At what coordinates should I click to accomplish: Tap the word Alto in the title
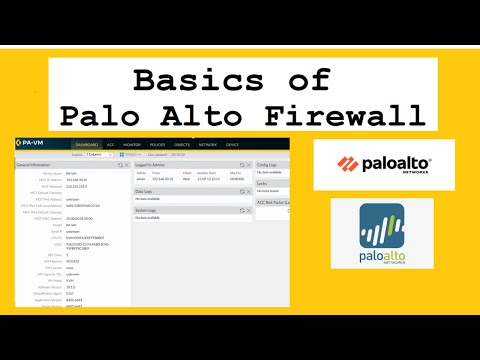pos(211,116)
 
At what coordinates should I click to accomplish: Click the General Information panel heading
pos(36,164)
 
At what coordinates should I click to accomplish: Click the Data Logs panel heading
pos(145,189)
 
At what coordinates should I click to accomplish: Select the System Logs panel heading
pos(147,211)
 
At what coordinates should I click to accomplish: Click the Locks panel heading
pos(263,183)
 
